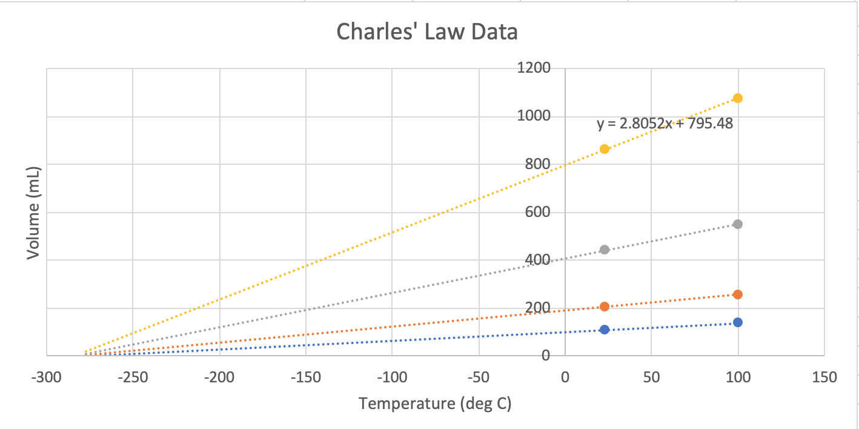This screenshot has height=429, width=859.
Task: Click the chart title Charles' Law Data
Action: [427, 32]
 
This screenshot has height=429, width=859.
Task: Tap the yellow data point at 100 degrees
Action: [737, 98]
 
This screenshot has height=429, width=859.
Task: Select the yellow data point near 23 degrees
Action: [604, 149]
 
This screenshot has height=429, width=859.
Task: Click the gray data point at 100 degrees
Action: [737, 224]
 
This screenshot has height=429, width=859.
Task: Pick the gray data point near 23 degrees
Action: [604, 250]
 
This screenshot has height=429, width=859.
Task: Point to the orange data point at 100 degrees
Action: [737, 294]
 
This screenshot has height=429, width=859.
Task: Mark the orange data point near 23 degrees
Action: [604, 307]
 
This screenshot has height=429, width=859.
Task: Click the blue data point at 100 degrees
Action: [737, 322]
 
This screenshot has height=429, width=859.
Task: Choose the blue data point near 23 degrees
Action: [604, 330]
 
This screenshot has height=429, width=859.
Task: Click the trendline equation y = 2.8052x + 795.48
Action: [665, 124]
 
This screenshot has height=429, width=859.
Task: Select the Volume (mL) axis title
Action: [33, 212]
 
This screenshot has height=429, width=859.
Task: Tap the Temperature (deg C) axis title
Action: [435, 404]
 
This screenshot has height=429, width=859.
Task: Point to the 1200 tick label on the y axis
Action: [533, 68]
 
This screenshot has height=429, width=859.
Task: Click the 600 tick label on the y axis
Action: [537, 212]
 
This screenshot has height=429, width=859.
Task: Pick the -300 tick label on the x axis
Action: [46, 377]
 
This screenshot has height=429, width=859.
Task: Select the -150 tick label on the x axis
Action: [305, 377]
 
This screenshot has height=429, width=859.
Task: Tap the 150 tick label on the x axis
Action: [824, 377]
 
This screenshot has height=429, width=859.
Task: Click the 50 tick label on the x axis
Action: [651, 377]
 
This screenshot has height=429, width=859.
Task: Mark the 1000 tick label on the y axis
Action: [533, 116]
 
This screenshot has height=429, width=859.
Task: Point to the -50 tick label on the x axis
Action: [478, 377]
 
